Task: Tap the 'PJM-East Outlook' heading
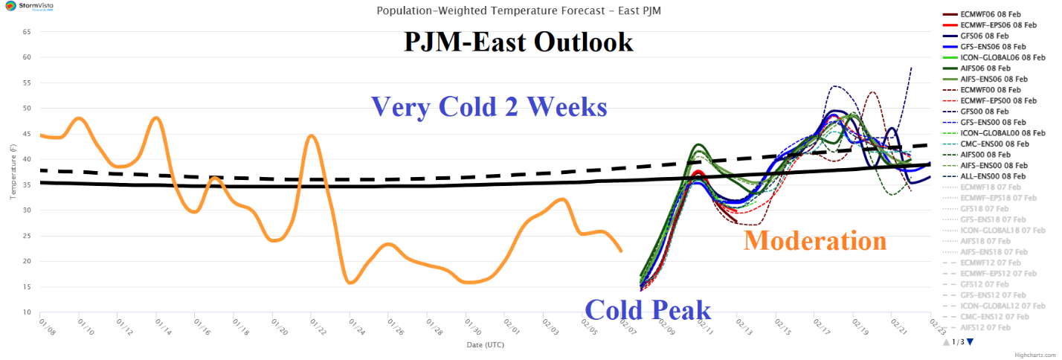(x=518, y=42)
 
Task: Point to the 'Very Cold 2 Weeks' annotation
(x=489, y=106)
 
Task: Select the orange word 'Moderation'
(x=815, y=240)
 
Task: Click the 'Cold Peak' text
(x=647, y=309)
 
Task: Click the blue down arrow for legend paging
(x=970, y=341)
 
